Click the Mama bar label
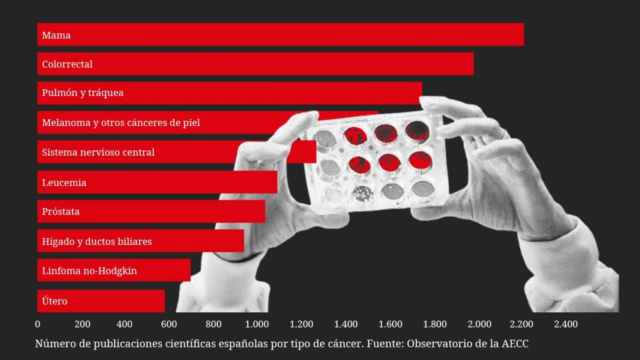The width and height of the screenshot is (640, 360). (56, 35)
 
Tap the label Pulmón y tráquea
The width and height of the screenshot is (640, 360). (83, 93)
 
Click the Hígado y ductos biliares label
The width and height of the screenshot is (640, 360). (97, 241)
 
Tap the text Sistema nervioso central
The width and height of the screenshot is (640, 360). (98, 152)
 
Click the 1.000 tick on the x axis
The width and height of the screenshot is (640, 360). (257, 324)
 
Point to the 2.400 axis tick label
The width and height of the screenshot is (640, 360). (566, 324)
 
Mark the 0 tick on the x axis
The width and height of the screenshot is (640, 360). (38, 324)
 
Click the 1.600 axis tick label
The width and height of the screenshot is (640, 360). (390, 324)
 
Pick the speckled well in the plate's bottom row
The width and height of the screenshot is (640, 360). (362, 194)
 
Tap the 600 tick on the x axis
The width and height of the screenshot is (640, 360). (169, 324)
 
